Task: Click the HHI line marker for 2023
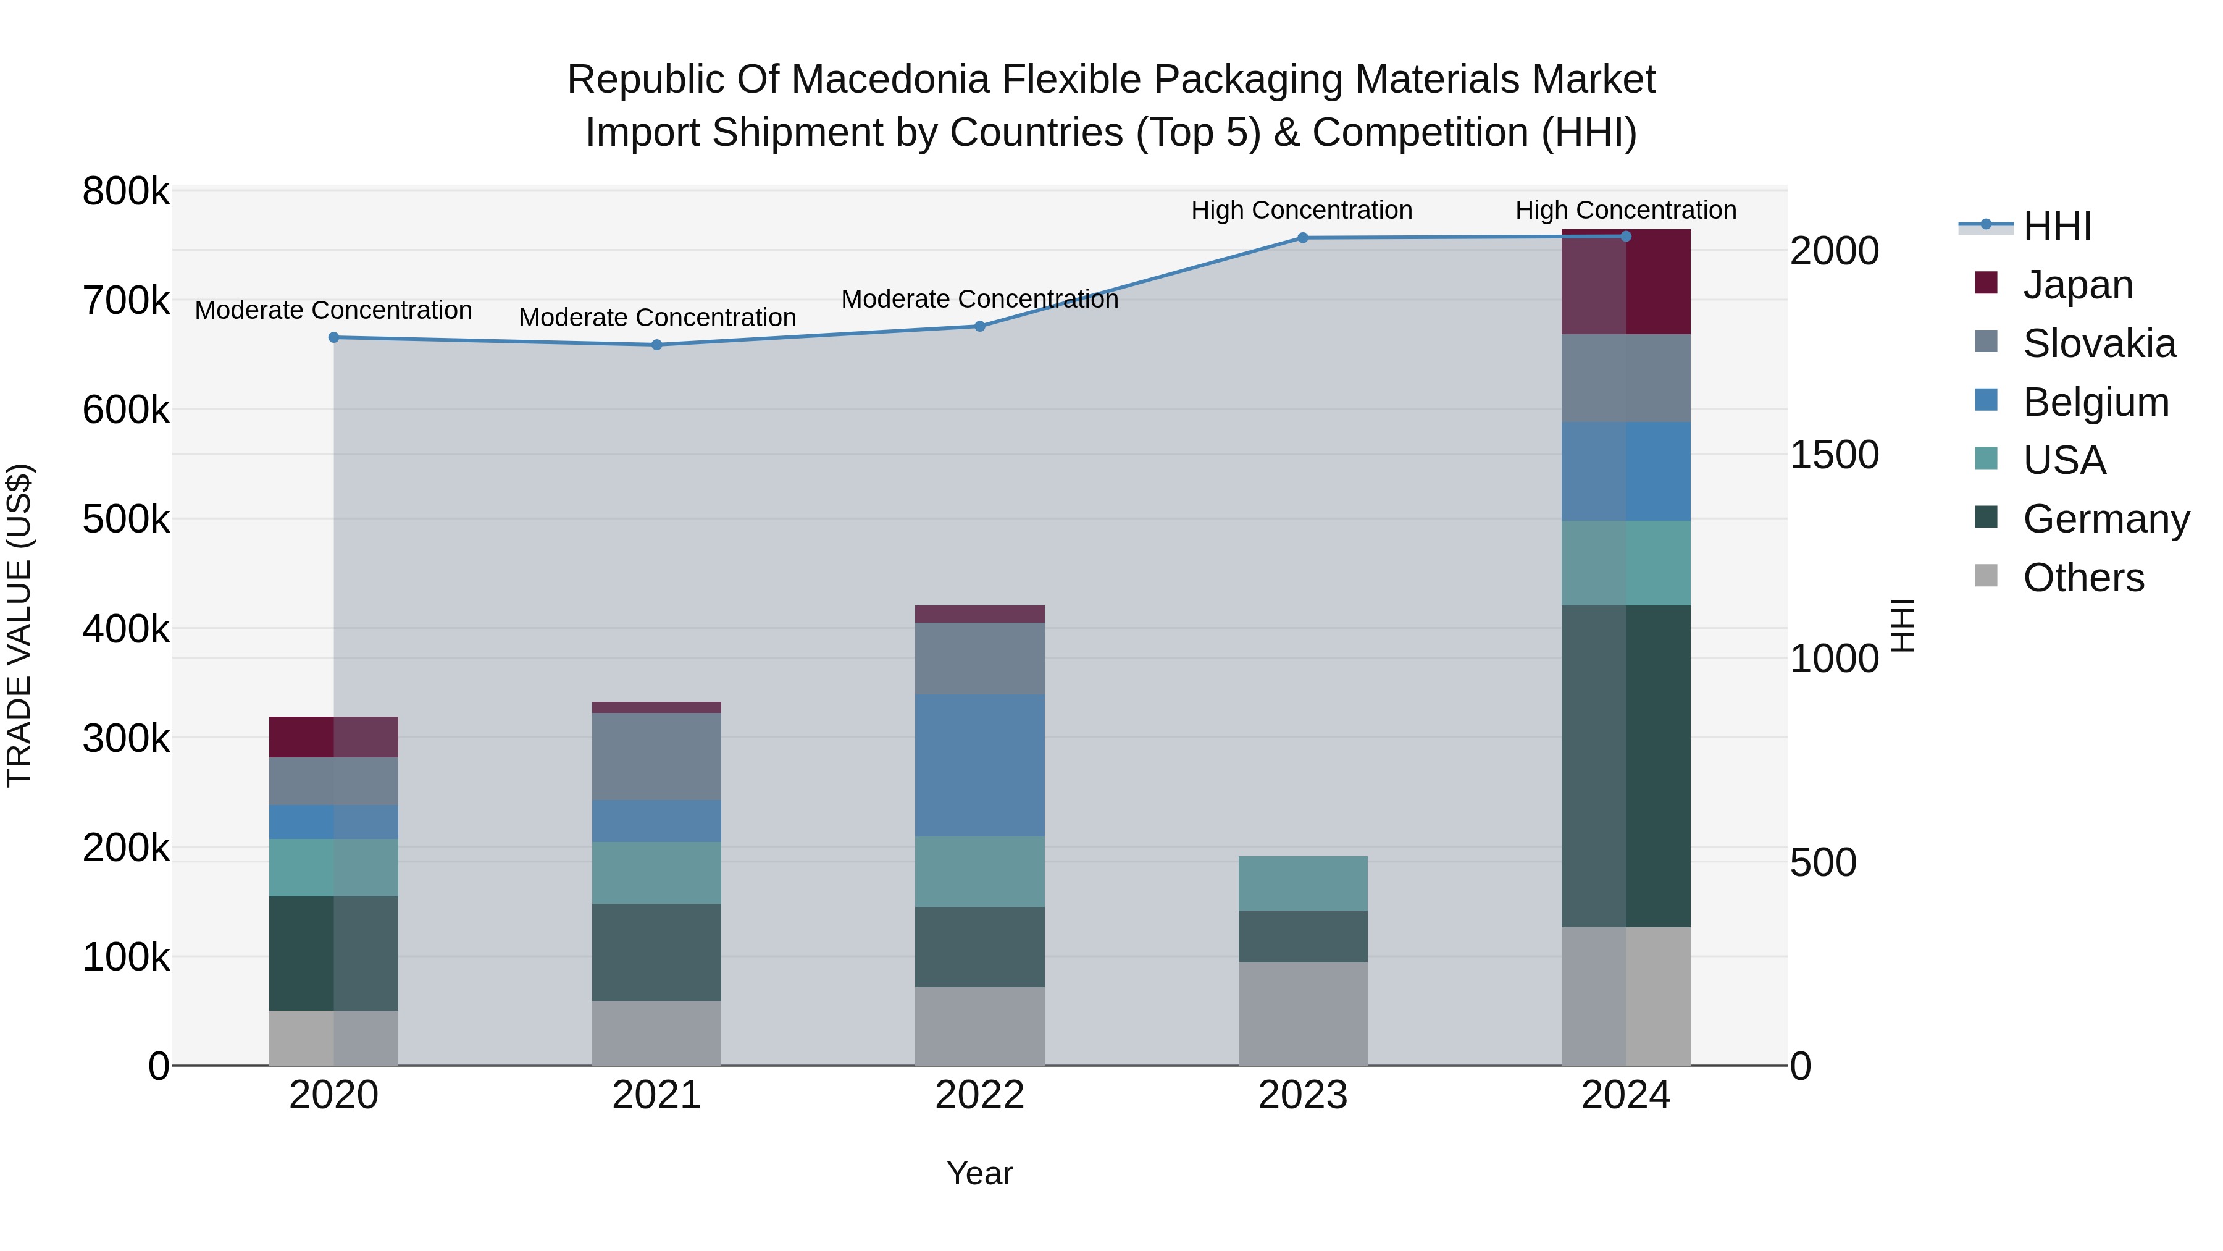(1303, 238)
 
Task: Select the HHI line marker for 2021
(657, 345)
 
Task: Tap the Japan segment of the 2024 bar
(1626, 282)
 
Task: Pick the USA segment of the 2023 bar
(1303, 883)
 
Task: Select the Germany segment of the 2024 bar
(1626, 766)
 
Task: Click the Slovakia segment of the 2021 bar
(657, 756)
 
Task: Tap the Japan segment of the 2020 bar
(334, 736)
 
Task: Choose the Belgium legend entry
(2095, 402)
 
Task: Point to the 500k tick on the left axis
(126, 520)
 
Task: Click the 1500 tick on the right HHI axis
(1834, 455)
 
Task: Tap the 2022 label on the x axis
(979, 1095)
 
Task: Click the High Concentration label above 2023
(1301, 210)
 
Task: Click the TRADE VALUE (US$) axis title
(19, 625)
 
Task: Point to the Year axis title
(979, 1173)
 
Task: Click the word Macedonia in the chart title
(889, 80)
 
